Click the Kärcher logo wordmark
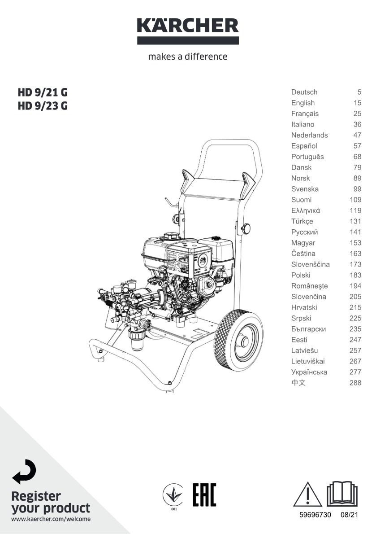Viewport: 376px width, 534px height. pyautogui.click(x=188, y=26)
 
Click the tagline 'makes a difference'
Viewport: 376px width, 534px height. pyautogui.click(x=188, y=56)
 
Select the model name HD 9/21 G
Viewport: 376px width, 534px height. pyautogui.click(x=43, y=92)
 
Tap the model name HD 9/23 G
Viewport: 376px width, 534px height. pyautogui.click(x=43, y=106)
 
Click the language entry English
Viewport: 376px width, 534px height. pyautogui.click(x=303, y=103)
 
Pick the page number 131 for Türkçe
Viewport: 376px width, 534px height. pyautogui.click(x=355, y=221)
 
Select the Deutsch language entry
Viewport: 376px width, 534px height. pyautogui.click(x=304, y=92)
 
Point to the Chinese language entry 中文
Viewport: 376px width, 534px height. pyautogui.click(x=298, y=382)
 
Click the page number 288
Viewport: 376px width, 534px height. pyautogui.click(x=355, y=383)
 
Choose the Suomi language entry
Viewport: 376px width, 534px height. pyautogui.click(x=301, y=200)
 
